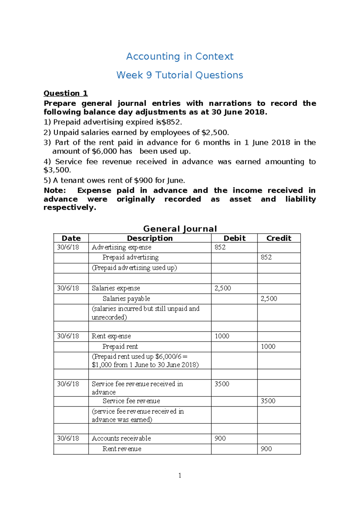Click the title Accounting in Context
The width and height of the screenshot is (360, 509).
pos(180,56)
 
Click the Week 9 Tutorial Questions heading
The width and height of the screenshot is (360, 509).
pos(180,75)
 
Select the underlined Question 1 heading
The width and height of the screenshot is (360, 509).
pos(66,93)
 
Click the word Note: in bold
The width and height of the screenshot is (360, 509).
pos(55,191)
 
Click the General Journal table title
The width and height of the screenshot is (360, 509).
pos(180,229)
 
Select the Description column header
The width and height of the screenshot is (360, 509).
pos(150,238)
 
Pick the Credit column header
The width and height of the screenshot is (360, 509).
pos(279,238)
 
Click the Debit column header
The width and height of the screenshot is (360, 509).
pos(234,238)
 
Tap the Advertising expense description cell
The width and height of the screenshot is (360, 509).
pos(121,247)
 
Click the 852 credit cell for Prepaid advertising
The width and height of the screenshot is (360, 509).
pos(266,258)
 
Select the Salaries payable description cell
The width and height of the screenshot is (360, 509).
pos(126,299)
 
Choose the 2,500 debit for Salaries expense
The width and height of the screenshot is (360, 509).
pos(223,288)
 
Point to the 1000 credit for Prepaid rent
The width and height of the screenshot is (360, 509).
pos(268,347)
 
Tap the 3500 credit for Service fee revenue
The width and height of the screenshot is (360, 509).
pos(268,401)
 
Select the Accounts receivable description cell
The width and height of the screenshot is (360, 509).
pos(121,438)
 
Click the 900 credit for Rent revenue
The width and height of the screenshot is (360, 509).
pos(266,449)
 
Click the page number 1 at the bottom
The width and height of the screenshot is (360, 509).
pos(180,475)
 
